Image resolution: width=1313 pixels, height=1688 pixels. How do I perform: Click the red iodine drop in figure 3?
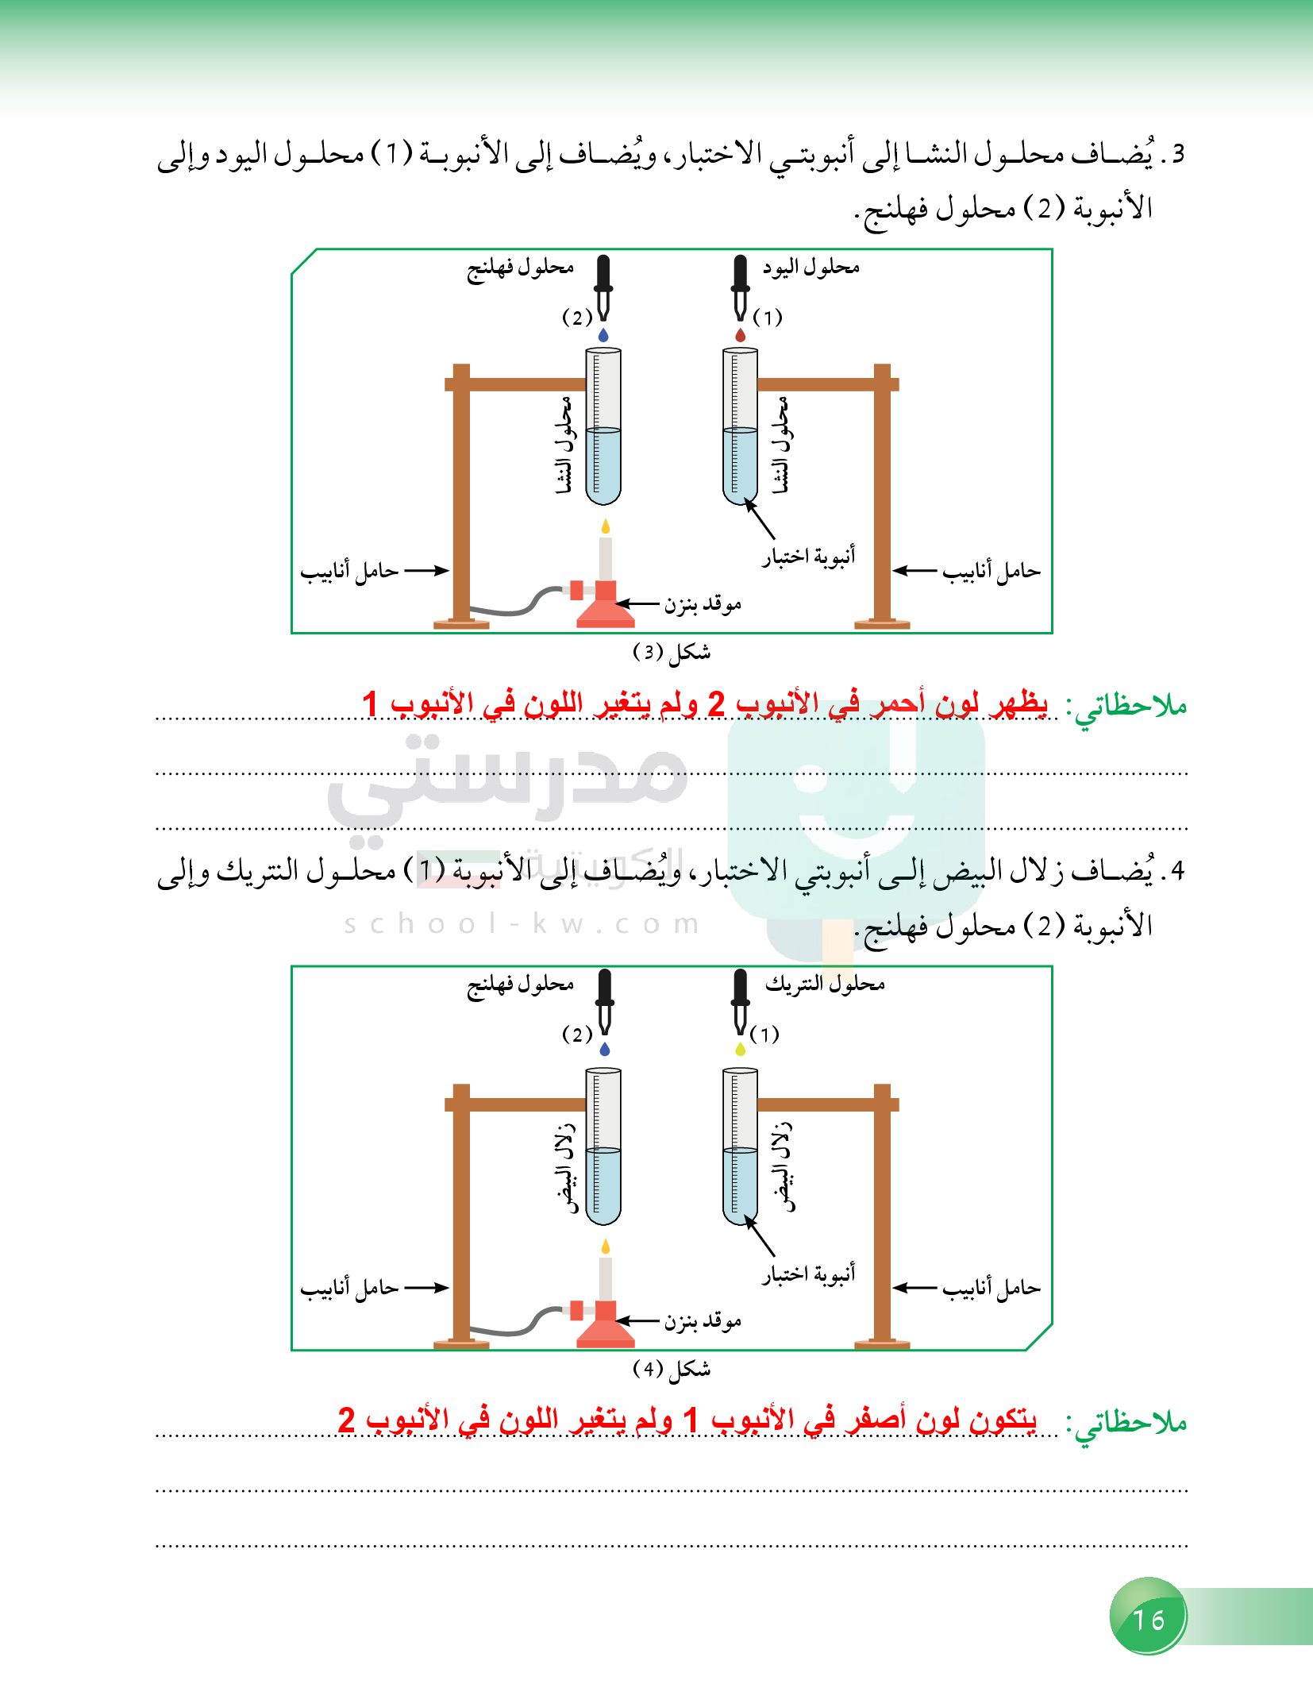click(x=741, y=335)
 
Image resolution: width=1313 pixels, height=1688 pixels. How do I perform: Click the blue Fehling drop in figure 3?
click(x=603, y=335)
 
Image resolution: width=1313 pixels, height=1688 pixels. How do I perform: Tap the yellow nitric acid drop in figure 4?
click(x=741, y=1050)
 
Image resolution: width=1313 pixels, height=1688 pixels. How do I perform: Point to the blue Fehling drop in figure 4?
click(x=605, y=1050)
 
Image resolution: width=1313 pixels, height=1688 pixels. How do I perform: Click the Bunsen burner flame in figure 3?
click(x=606, y=526)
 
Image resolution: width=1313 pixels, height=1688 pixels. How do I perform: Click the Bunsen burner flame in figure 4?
click(x=606, y=1247)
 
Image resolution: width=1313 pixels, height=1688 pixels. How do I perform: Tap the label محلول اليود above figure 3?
click(x=811, y=268)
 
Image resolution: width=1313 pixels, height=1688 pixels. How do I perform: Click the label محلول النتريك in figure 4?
click(x=825, y=985)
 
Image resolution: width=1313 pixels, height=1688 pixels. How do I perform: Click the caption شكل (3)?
click(x=672, y=653)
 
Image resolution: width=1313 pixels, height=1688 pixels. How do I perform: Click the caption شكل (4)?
click(x=672, y=1370)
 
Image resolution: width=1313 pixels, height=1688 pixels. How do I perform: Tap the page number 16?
click(x=1148, y=1620)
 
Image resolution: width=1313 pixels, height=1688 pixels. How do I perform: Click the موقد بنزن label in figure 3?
click(x=703, y=605)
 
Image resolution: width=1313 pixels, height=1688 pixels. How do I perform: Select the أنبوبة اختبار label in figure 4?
click(x=808, y=1274)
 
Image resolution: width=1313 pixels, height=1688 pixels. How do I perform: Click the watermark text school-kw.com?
click(x=522, y=924)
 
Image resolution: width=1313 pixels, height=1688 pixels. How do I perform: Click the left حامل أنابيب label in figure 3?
click(x=349, y=572)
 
